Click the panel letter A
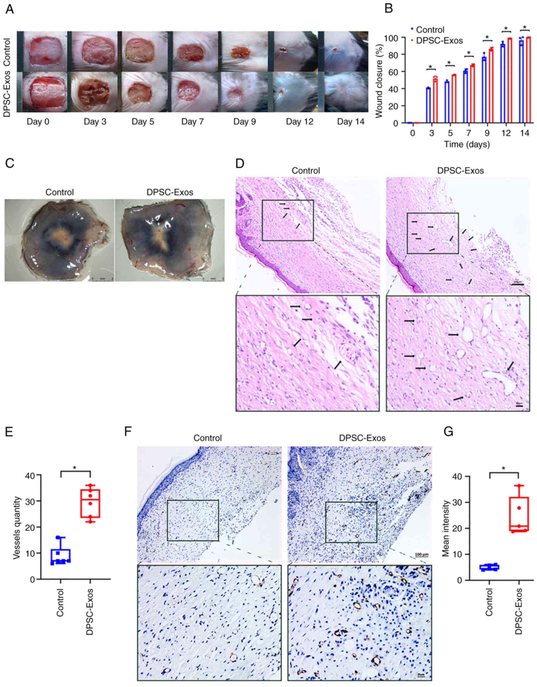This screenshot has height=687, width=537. pos(10,10)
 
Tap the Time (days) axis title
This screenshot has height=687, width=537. pos(467,145)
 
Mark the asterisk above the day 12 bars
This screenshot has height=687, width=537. pos(506,29)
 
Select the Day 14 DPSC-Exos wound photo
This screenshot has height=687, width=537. pos(343,92)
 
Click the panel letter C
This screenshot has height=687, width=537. pos(10,164)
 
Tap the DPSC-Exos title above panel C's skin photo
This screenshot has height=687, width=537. pos(170,192)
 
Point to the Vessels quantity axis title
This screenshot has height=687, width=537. pos(17,528)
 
